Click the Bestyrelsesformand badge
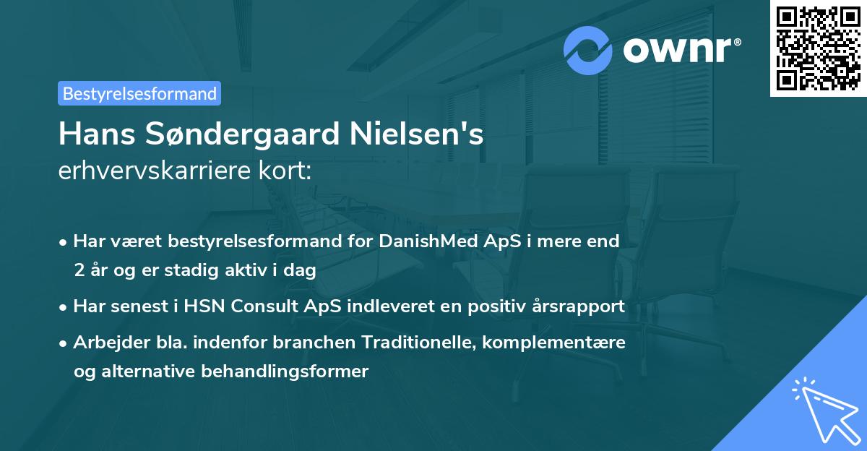coord(139,93)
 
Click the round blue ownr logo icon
coord(588,50)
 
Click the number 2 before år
coord(78,270)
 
